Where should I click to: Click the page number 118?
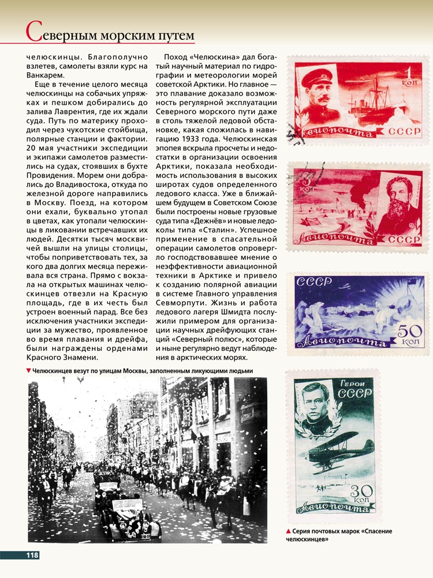[31, 555]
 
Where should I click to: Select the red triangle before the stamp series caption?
[288, 531]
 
